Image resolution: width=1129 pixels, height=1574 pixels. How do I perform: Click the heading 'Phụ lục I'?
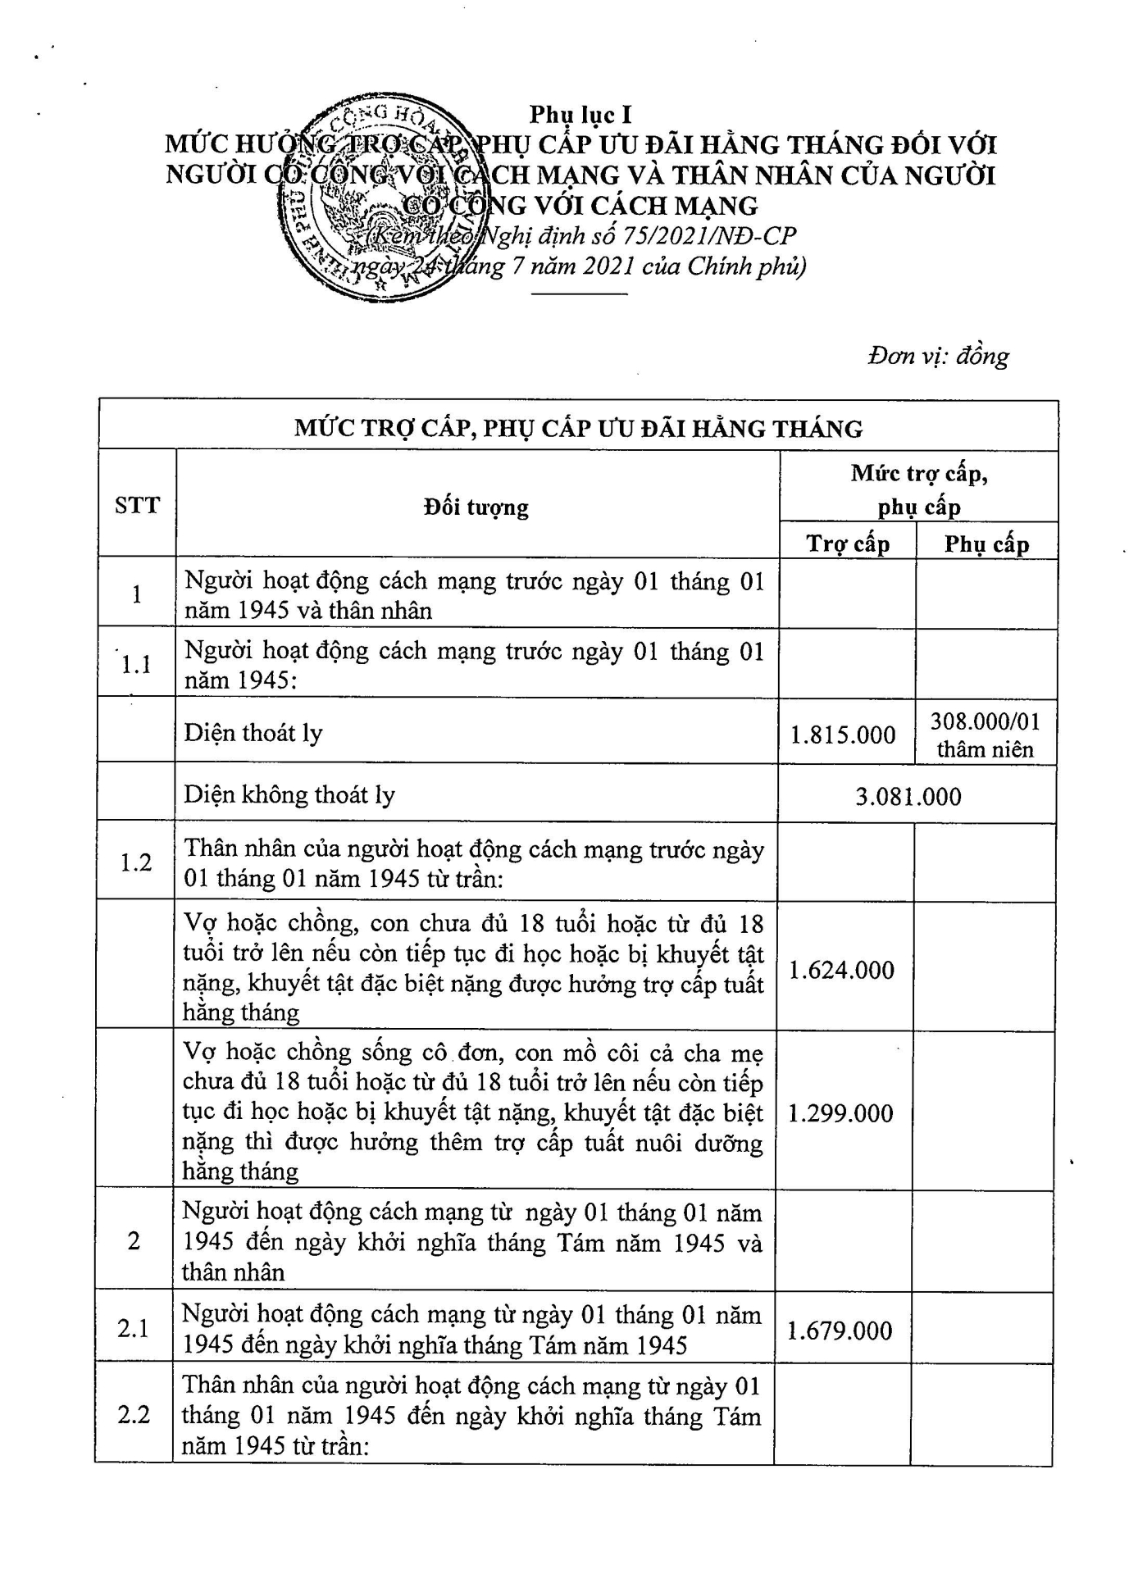pos(580,115)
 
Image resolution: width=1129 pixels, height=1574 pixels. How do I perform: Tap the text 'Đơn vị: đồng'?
pos(938,357)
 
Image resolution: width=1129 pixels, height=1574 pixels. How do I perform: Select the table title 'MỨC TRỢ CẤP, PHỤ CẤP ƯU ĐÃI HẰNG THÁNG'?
pos(578,428)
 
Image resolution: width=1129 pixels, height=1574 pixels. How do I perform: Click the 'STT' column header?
pos(137,505)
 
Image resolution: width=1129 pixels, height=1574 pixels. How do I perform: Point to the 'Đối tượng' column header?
pos(476,507)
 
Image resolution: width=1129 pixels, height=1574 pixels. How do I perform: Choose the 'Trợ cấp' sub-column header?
pos(847,544)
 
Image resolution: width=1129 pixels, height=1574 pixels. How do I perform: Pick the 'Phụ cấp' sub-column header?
pos(986,544)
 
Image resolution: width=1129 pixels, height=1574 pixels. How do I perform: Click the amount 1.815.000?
pos(843,735)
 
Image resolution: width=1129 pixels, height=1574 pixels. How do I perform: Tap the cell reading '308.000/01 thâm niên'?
pos(985,735)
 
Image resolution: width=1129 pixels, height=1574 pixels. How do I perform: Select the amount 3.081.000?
pos(908,796)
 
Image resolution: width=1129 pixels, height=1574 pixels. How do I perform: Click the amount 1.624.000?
pos(841,971)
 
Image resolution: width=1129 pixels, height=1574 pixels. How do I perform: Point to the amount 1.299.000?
pos(840,1113)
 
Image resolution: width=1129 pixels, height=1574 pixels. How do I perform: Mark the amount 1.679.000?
pos(840,1331)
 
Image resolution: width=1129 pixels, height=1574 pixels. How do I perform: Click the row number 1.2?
pos(136,862)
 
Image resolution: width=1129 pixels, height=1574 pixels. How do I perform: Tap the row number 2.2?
pos(134,1414)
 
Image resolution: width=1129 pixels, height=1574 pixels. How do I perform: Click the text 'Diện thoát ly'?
pos(253,733)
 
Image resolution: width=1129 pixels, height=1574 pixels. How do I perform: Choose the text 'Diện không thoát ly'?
pos(289,794)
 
